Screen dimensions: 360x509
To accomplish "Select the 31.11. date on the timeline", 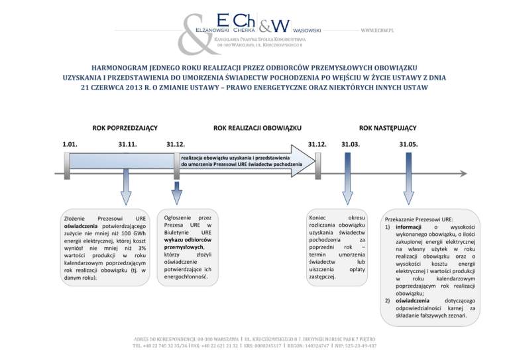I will pyautogui.click(x=127, y=144).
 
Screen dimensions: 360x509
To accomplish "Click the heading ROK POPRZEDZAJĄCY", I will pyautogui.click(x=119, y=127).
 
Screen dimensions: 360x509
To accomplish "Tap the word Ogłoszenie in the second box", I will pyautogui.click(x=180, y=217).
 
